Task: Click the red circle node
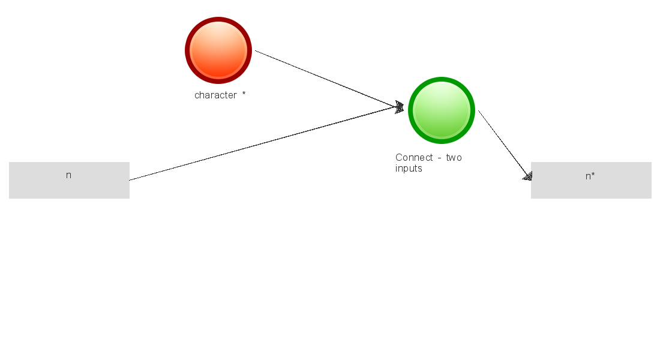(218, 50)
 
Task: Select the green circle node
(442, 110)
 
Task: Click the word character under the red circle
(215, 95)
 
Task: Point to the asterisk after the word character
(244, 94)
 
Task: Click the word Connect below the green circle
(414, 158)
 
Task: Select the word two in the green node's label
(454, 158)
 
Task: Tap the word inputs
(409, 169)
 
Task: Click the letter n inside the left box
(68, 175)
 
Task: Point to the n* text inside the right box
(590, 176)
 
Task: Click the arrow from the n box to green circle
(264, 144)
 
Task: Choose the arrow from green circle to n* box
(504, 144)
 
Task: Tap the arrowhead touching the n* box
(527, 176)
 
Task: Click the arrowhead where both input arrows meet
(400, 107)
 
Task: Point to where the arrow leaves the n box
(131, 179)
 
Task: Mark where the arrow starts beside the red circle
(256, 51)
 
